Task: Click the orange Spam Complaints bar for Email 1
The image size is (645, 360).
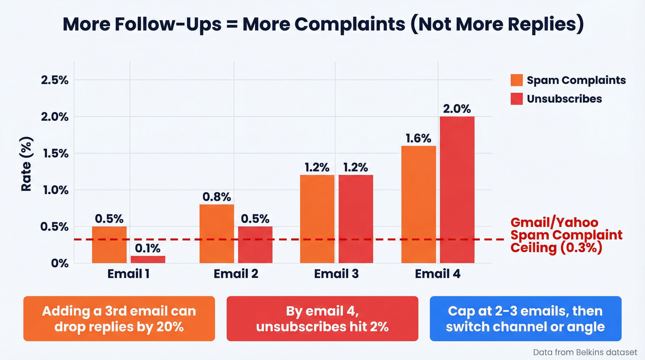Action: [109, 245]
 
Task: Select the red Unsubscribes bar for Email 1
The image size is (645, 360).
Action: [148, 260]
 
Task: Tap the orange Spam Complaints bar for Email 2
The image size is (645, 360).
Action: [217, 234]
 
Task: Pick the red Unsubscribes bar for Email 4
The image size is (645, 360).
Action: [457, 189]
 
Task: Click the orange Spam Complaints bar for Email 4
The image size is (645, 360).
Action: [418, 204]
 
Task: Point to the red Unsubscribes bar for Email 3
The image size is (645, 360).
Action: [356, 219]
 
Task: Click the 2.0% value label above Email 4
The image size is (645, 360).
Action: [457, 109]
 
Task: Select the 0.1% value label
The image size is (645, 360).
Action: [148, 248]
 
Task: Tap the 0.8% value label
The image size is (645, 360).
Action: [217, 197]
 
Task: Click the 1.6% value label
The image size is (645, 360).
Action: [418, 138]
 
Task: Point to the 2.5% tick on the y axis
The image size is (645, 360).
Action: [54, 80]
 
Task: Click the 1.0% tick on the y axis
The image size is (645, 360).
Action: [54, 190]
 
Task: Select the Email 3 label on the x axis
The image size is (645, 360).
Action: [336, 274]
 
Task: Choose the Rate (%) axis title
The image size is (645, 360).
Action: [27, 164]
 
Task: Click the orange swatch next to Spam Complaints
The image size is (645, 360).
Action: [516, 80]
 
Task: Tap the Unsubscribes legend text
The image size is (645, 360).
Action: [564, 99]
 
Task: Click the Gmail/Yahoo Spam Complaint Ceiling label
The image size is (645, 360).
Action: [566, 235]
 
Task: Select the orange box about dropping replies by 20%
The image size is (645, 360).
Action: [119, 319]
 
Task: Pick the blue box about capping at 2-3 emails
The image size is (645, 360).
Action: [525, 319]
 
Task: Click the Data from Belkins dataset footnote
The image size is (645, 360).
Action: [585, 352]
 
